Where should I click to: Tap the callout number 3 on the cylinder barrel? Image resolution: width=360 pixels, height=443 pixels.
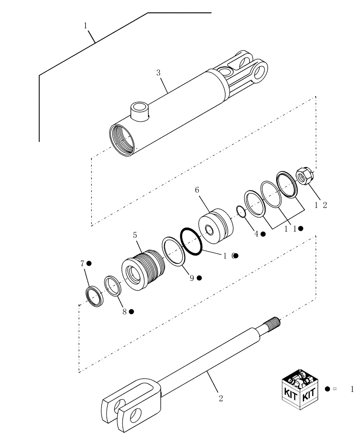click(158, 73)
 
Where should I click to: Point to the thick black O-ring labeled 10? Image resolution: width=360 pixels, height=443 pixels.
click(191, 242)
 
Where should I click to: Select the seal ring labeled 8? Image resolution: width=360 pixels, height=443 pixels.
click(113, 286)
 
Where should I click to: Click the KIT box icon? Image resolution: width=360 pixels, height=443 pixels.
click(300, 386)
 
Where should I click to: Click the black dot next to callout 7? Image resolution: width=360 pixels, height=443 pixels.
click(89, 264)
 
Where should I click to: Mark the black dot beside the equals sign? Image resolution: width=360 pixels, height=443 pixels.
click(327, 389)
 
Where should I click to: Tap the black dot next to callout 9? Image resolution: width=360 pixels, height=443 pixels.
click(200, 278)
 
